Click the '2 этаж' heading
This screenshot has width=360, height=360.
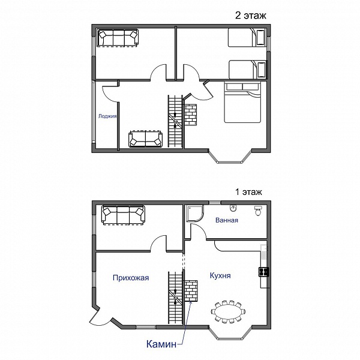coord(250,16)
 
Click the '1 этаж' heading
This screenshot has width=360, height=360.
coord(248,192)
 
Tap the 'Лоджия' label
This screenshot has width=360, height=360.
coord(107,116)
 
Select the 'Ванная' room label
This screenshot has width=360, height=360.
coord(227,220)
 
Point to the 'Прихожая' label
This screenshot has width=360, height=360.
coord(131,278)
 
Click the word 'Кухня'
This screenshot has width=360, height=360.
coord(220,275)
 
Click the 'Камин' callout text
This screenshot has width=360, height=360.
coord(161,344)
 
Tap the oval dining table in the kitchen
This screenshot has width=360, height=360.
coord(228,312)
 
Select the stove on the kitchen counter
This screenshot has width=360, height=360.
coord(264,272)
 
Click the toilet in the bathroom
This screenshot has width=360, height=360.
coord(258,211)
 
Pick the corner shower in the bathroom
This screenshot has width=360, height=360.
coord(195,214)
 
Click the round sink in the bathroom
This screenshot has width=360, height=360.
coord(233,208)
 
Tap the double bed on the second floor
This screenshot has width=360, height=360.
coord(242,102)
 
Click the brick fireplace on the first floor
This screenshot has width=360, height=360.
coord(191,290)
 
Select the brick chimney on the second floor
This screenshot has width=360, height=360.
coord(191,115)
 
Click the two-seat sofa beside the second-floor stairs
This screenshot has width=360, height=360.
coord(146,139)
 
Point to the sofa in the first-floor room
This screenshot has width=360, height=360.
coord(124,215)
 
